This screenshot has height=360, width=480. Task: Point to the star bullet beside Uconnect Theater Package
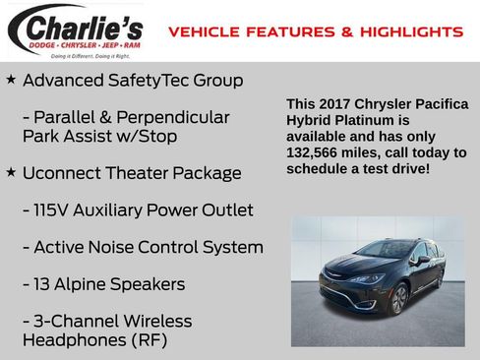tap(11, 172)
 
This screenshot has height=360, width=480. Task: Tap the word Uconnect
tap(63, 173)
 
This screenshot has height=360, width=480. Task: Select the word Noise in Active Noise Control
tap(116, 247)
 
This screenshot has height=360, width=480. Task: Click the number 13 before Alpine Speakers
tap(44, 284)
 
